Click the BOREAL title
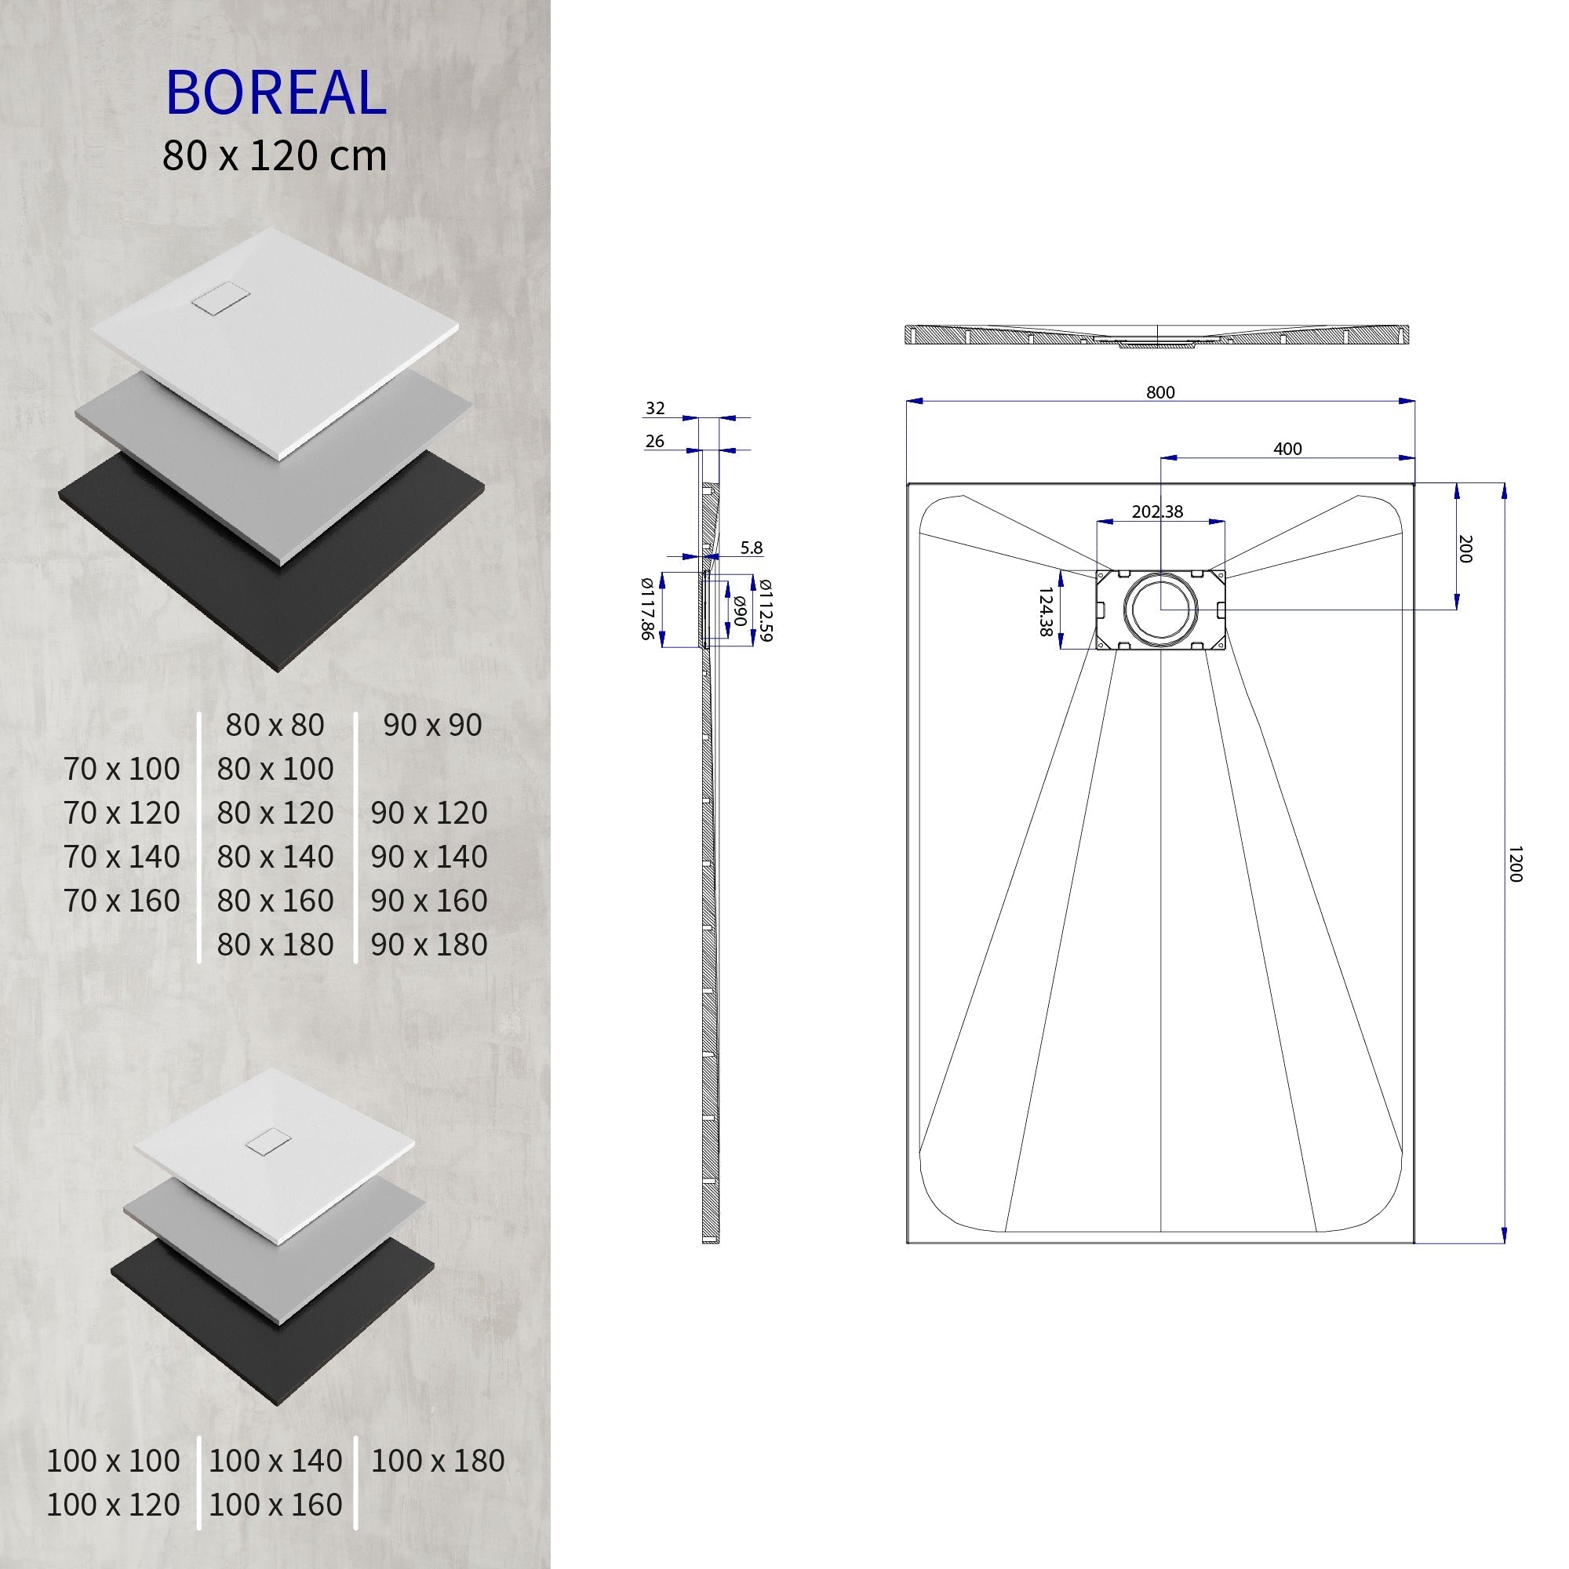tap(275, 93)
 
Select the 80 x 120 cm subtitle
tap(275, 156)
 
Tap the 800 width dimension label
tap(1159, 392)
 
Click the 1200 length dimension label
tap(1513, 864)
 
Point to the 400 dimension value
tap(1287, 449)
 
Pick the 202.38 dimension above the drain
tap(1157, 511)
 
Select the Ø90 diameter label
tap(740, 610)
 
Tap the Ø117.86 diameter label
tap(647, 609)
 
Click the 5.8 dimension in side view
tap(752, 548)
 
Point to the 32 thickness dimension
tap(654, 409)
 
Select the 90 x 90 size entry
tap(432, 725)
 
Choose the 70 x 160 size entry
tap(122, 901)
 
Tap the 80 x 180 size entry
tap(275, 945)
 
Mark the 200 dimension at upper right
tap(1465, 549)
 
